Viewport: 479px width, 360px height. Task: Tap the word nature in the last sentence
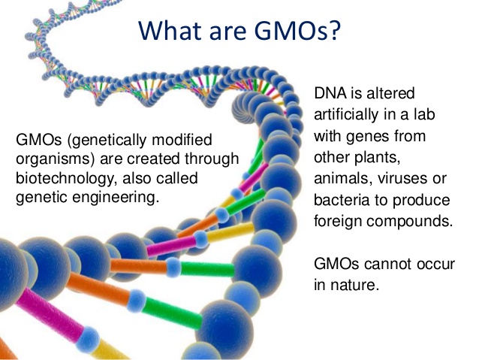(352, 286)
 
